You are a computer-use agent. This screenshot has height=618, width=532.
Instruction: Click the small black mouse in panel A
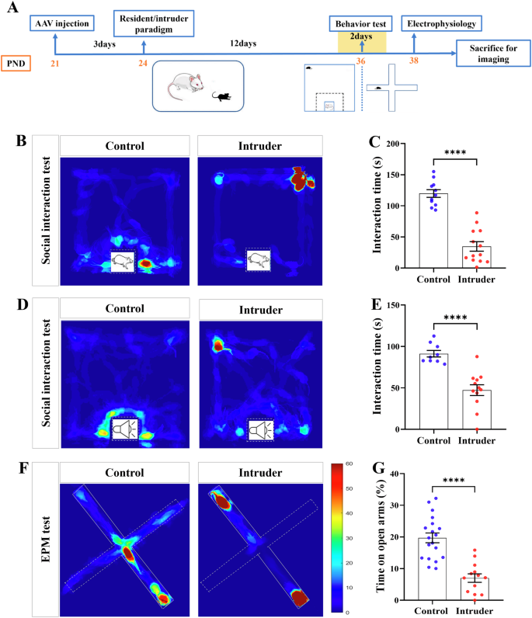coord(222,97)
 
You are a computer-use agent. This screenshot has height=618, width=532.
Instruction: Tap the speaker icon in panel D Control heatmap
coord(123,428)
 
